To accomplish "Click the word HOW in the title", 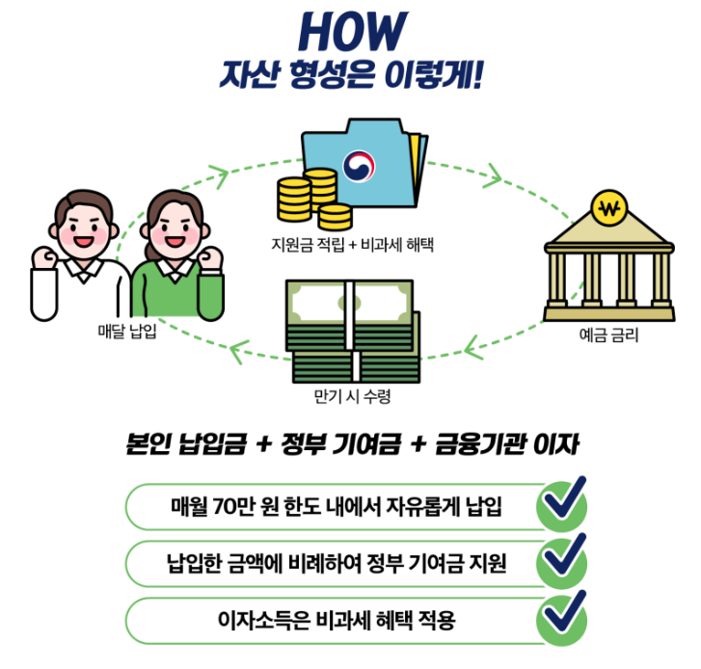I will (349, 31).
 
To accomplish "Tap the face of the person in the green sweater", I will (175, 229).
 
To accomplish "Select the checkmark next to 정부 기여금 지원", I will (561, 560).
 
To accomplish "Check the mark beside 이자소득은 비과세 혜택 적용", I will (561, 617).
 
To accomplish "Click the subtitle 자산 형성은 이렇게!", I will (350, 74).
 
